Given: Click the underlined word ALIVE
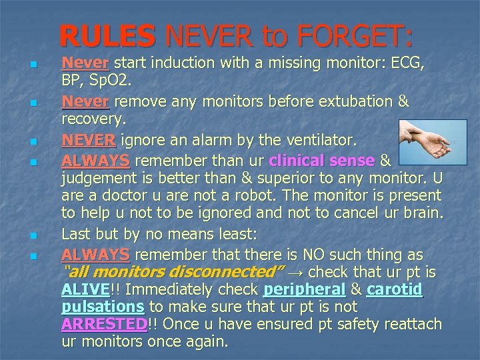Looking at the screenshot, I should [85, 290].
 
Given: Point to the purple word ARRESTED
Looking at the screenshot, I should [103, 325].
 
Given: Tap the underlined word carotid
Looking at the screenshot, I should [395, 290].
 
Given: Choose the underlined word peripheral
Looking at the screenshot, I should [305, 290].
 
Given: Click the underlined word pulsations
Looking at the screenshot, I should [103, 307].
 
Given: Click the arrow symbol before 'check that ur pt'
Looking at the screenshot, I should [295, 273].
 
